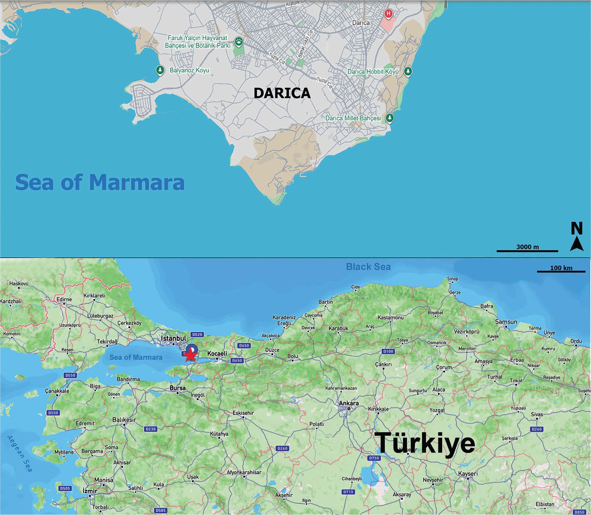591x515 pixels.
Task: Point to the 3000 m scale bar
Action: coord(527,251)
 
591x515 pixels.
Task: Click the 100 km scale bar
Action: coord(561,271)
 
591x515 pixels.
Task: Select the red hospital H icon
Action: coord(389,14)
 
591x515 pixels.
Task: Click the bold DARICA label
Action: coord(282,93)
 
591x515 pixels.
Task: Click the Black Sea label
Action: coord(368,267)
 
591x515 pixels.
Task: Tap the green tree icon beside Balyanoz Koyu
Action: coord(160,70)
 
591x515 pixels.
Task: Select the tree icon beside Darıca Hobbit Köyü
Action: coord(408,71)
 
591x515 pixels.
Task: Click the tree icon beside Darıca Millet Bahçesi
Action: coord(390,118)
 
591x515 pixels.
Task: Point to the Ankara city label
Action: coord(348,403)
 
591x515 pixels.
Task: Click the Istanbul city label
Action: coord(173,338)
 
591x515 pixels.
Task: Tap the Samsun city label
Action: coord(506,322)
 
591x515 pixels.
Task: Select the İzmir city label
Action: coord(90,491)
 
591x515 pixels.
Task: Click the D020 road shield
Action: coord(197,335)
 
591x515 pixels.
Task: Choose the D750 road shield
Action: coord(374,458)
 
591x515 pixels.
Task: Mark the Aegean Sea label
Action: coord(20,454)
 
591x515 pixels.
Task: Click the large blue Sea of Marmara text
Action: coord(100,182)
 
